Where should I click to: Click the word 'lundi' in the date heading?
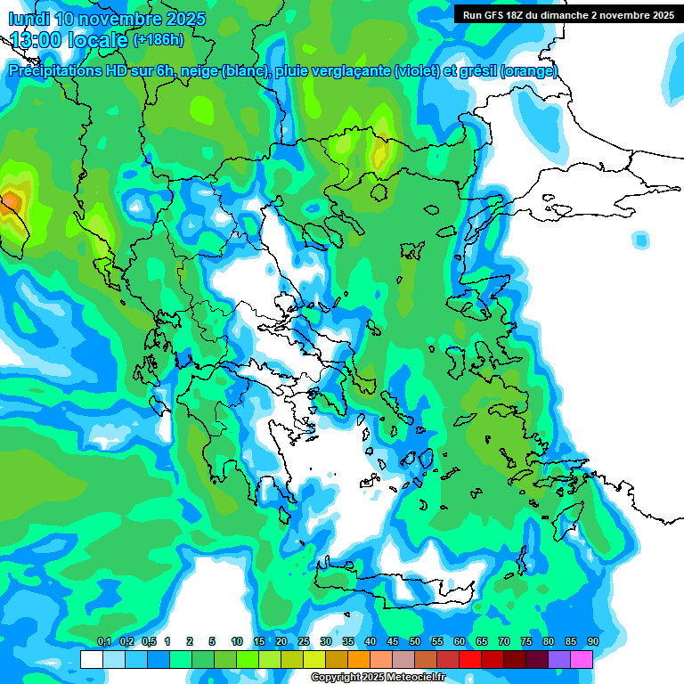coord(28,20)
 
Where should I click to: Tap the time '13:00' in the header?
coord(36,40)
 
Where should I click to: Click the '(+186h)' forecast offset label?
coord(159,40)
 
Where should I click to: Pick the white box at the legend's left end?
coord(91,660)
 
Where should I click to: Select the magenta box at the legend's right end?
coord(582,660)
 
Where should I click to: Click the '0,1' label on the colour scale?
coord(103,642)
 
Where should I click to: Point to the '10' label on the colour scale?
coord(236,642)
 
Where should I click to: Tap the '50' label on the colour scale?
coord(414,642)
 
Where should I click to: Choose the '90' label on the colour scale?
coord(592,642)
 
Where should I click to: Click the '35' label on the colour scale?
coord(347,642)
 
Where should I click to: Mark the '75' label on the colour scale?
coord(525,642)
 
